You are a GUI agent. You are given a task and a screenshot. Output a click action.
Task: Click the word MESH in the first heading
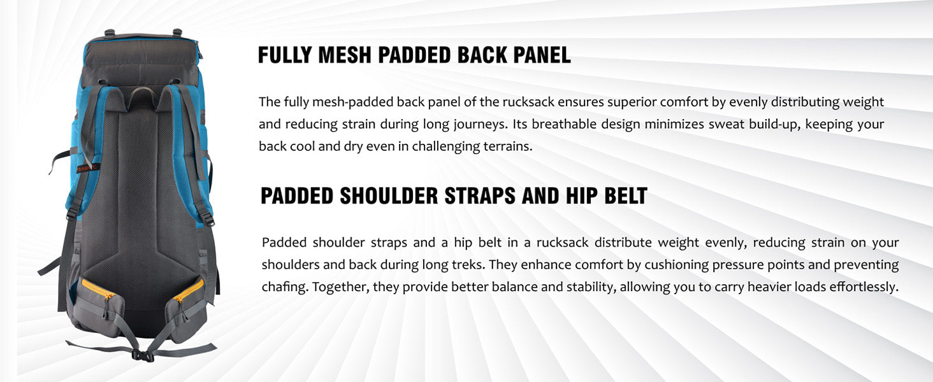(345, 55)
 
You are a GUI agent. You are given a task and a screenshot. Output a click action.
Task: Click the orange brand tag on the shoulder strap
(89, 169)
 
